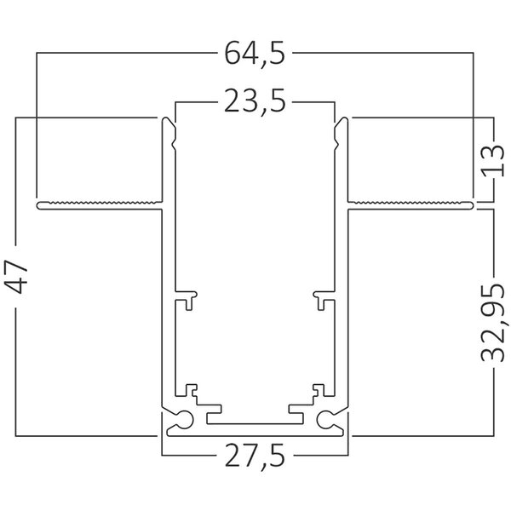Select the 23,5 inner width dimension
[255, 104]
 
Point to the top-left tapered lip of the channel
[170, 132]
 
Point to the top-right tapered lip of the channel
[340, 132]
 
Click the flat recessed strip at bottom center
[255, 421]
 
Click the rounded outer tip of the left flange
[39, 204]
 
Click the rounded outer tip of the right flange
[472, 204]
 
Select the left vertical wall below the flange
[163, 307]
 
